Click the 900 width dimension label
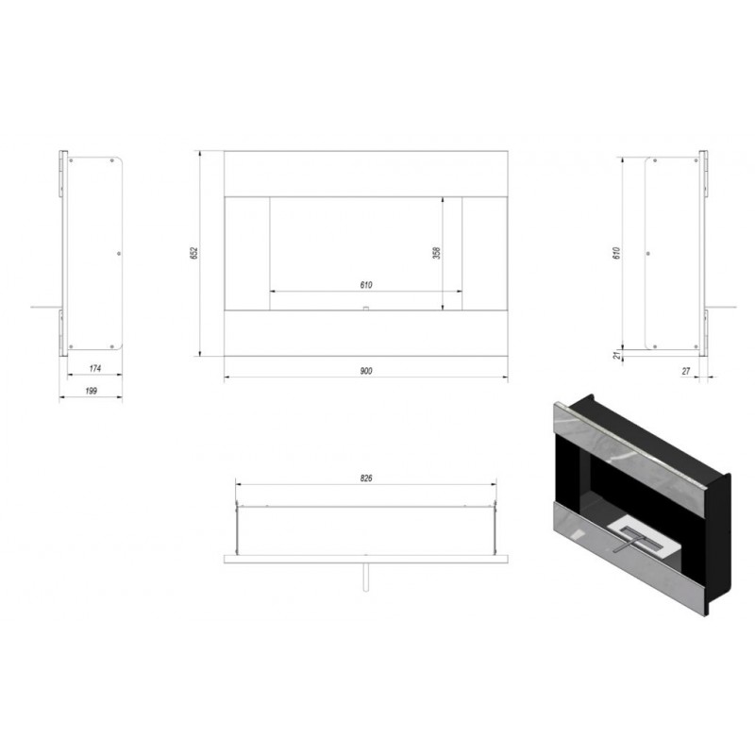[366, 371]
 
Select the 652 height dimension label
[194, 253]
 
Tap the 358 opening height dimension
[437, 253]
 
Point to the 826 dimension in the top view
[366, 478]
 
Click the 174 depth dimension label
[95, 368]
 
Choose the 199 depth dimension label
[91, 391]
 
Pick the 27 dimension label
[686, 371]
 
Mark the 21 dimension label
[618, 356]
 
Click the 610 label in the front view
[366, 285]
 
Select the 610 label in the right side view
[617, 253]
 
